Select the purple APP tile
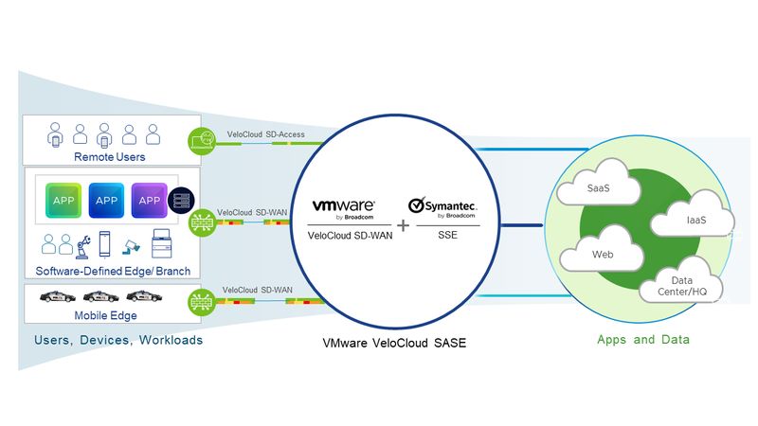point(150,201)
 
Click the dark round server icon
point(179,202)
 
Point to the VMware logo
point(343,205)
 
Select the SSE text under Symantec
point(447,236)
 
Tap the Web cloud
point(603,255)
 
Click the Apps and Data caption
point(642,339)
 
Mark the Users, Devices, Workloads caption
point(117,339)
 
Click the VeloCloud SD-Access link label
point(265,134)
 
